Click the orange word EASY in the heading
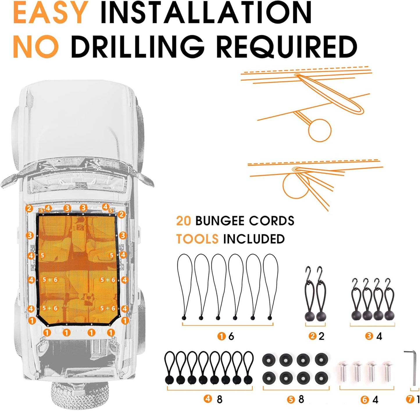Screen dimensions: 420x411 click(x=51, y=12)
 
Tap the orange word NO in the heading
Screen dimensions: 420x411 click(x=36, y=47)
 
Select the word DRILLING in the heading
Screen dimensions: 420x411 click(x=137, y=47)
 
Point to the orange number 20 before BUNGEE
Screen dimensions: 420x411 click(x=183, y=221)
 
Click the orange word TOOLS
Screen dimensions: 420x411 click(x=197, y=239)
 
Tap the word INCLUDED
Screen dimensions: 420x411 click(x=254, y=239)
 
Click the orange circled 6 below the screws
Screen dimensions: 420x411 click(x=364, y=400)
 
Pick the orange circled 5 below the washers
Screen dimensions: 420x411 click(x=291, y=400)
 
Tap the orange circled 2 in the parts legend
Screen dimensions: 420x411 click(x=312, y=336)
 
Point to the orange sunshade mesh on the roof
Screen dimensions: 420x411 click(x=77, y=269)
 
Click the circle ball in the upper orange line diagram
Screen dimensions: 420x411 click(x=319, y=130)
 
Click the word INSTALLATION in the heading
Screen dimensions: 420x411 click(x=206, y=12)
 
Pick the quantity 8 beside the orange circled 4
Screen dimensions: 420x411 click(x=219, y=400)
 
